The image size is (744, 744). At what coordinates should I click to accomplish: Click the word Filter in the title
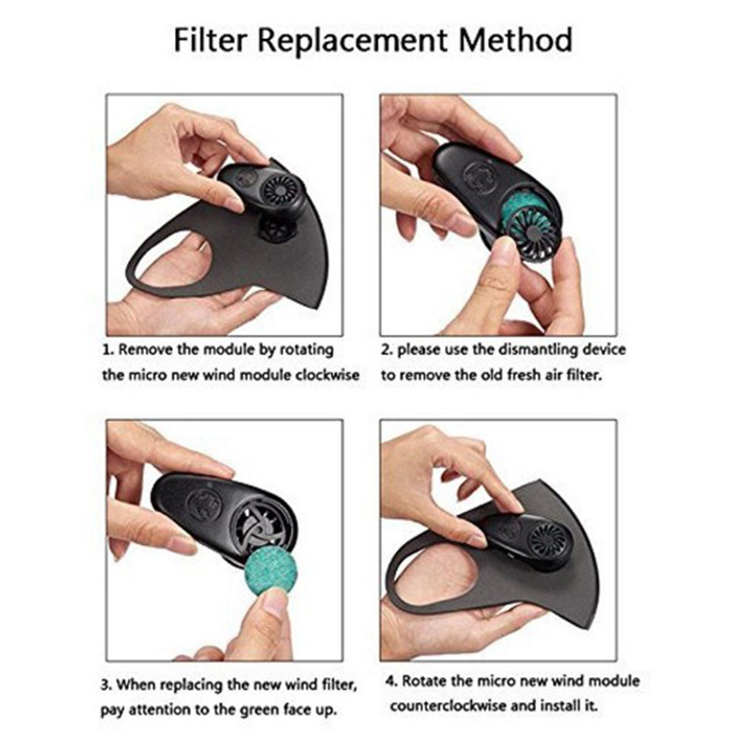[x=210, y=40]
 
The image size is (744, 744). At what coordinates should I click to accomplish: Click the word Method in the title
[x=515, y=40]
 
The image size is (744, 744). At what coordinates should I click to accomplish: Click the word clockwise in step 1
[x=327, y=375]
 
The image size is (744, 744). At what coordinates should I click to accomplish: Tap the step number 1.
[x=108, y=351]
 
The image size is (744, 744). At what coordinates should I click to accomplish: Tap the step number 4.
[x=391, y=682]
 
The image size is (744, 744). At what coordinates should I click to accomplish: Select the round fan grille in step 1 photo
[x=279, y=189]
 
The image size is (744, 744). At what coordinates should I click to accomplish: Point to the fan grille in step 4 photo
[x=549, y=539]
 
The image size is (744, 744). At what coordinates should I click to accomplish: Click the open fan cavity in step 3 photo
[x=260, y=523]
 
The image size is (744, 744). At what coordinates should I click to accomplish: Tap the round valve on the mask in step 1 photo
[x=278, y=229]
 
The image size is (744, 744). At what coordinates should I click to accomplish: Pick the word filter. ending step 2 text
[x=584, y=375]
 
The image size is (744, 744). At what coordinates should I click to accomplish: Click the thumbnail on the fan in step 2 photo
[x=503, y=246]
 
